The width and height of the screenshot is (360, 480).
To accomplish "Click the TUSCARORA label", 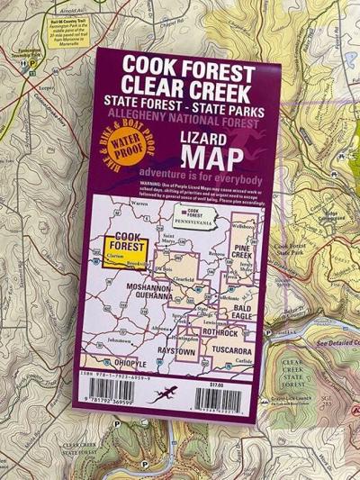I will tap(230, 349).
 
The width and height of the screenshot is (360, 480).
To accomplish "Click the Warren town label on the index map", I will tap(139, 204).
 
